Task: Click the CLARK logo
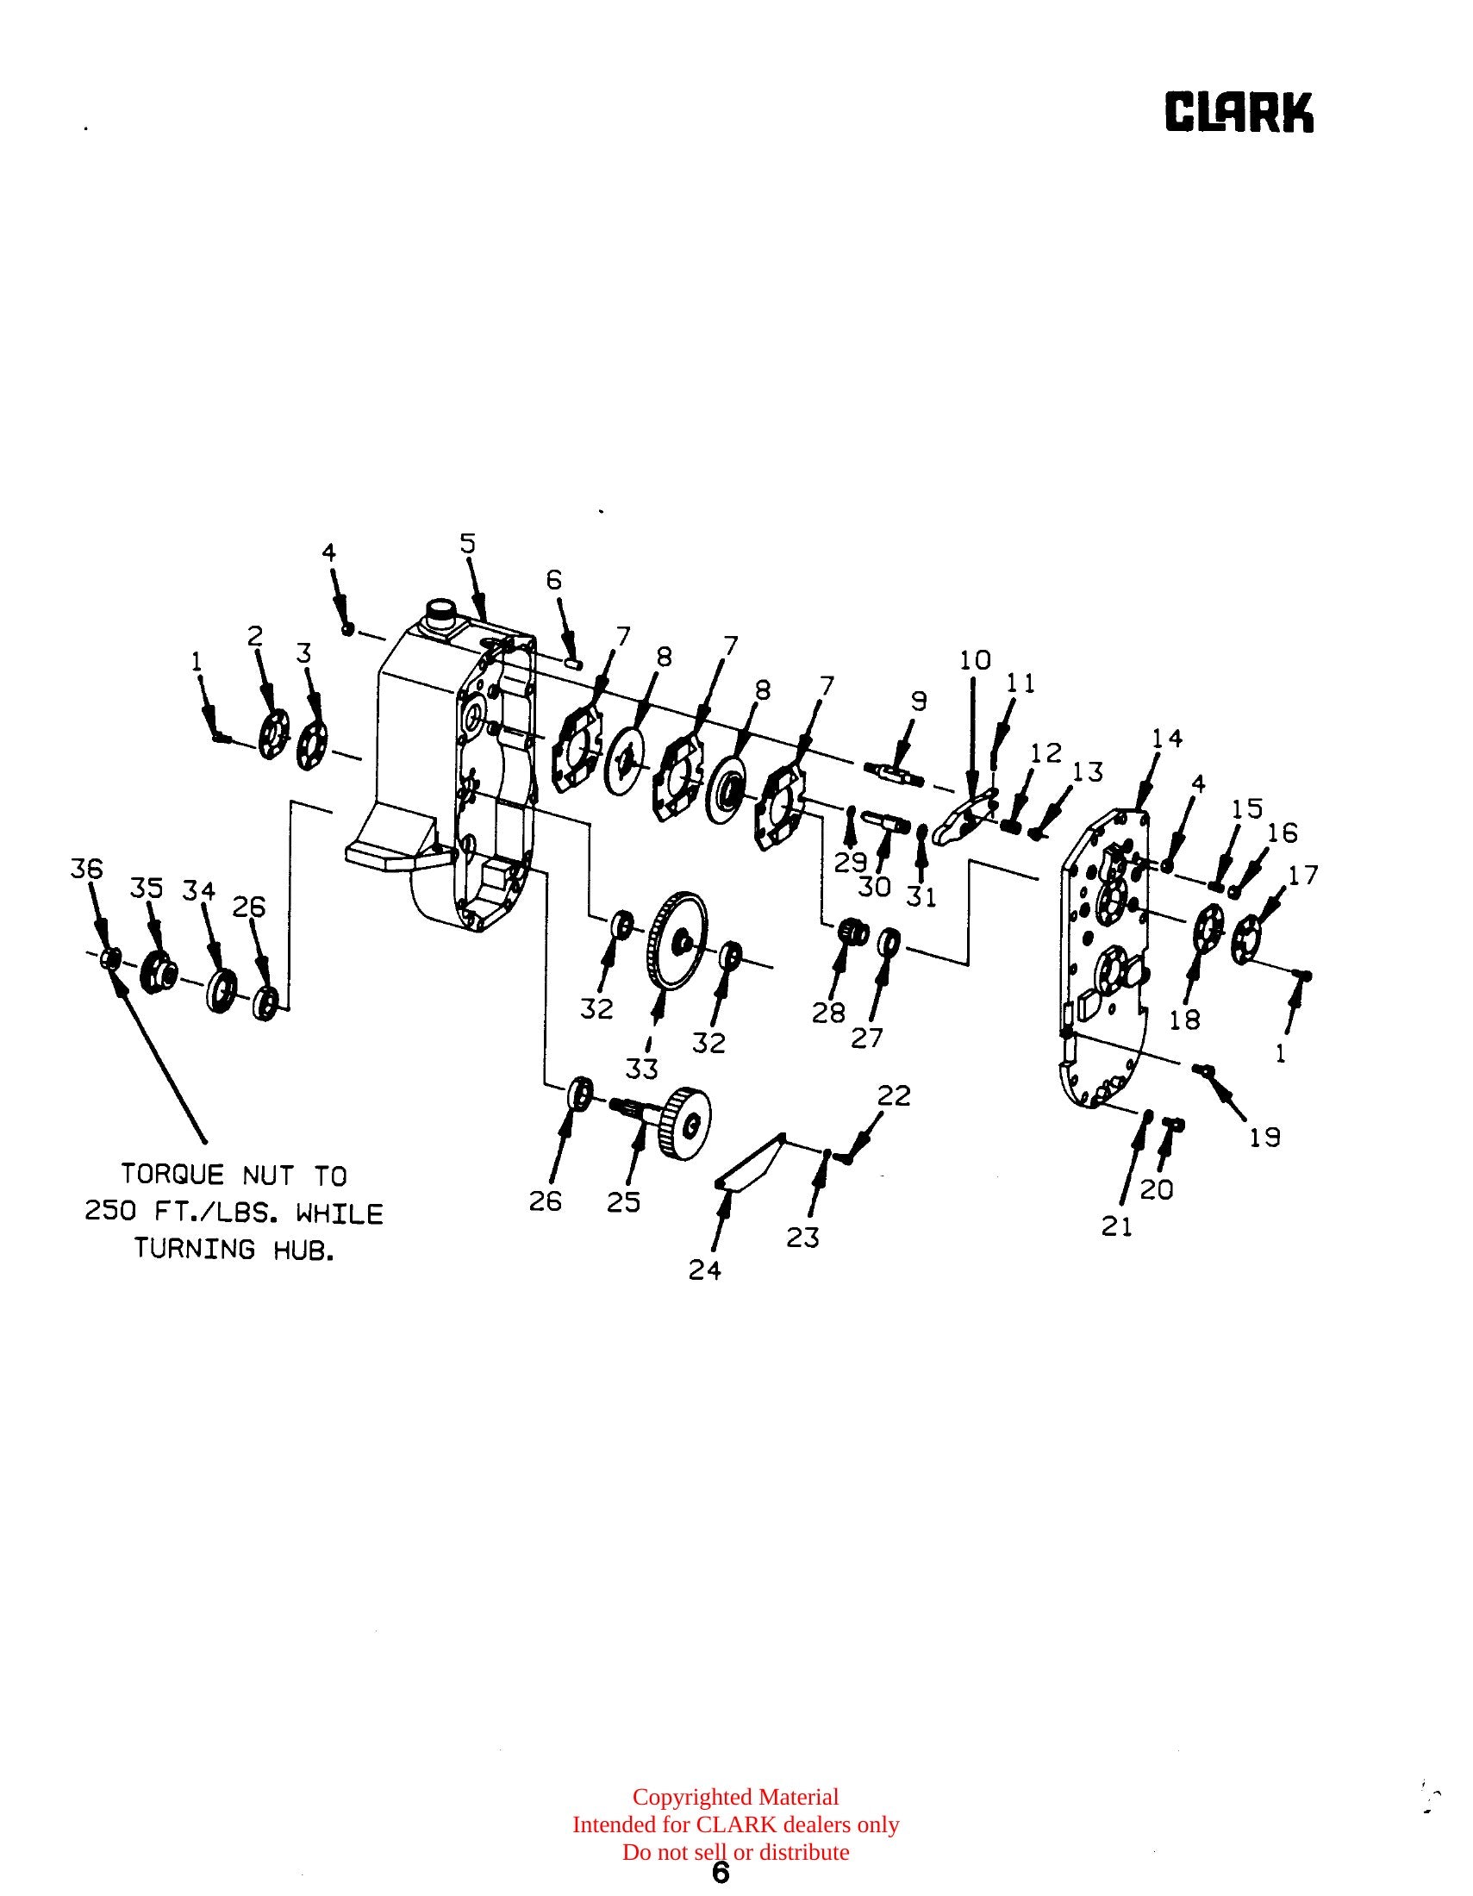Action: tap(1239, 113)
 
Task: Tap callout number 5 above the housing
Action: tap(468, 544)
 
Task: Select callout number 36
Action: tap(86, 869)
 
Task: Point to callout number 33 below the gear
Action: tap(641, 1069)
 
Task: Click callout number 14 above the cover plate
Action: tap(1168, 738)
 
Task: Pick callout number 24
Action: tap(705, 1270)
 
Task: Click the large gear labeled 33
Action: tap(677, 940)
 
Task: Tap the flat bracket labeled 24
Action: tap(750, 1162)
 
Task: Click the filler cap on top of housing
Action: tap(440, 614)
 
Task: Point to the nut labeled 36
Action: tap(110, 958)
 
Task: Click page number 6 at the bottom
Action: tap(721, 1874)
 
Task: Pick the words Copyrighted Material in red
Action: tap(736, 1797)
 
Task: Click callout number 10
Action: tap(975, 660)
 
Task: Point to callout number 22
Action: tap(894, 1096)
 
